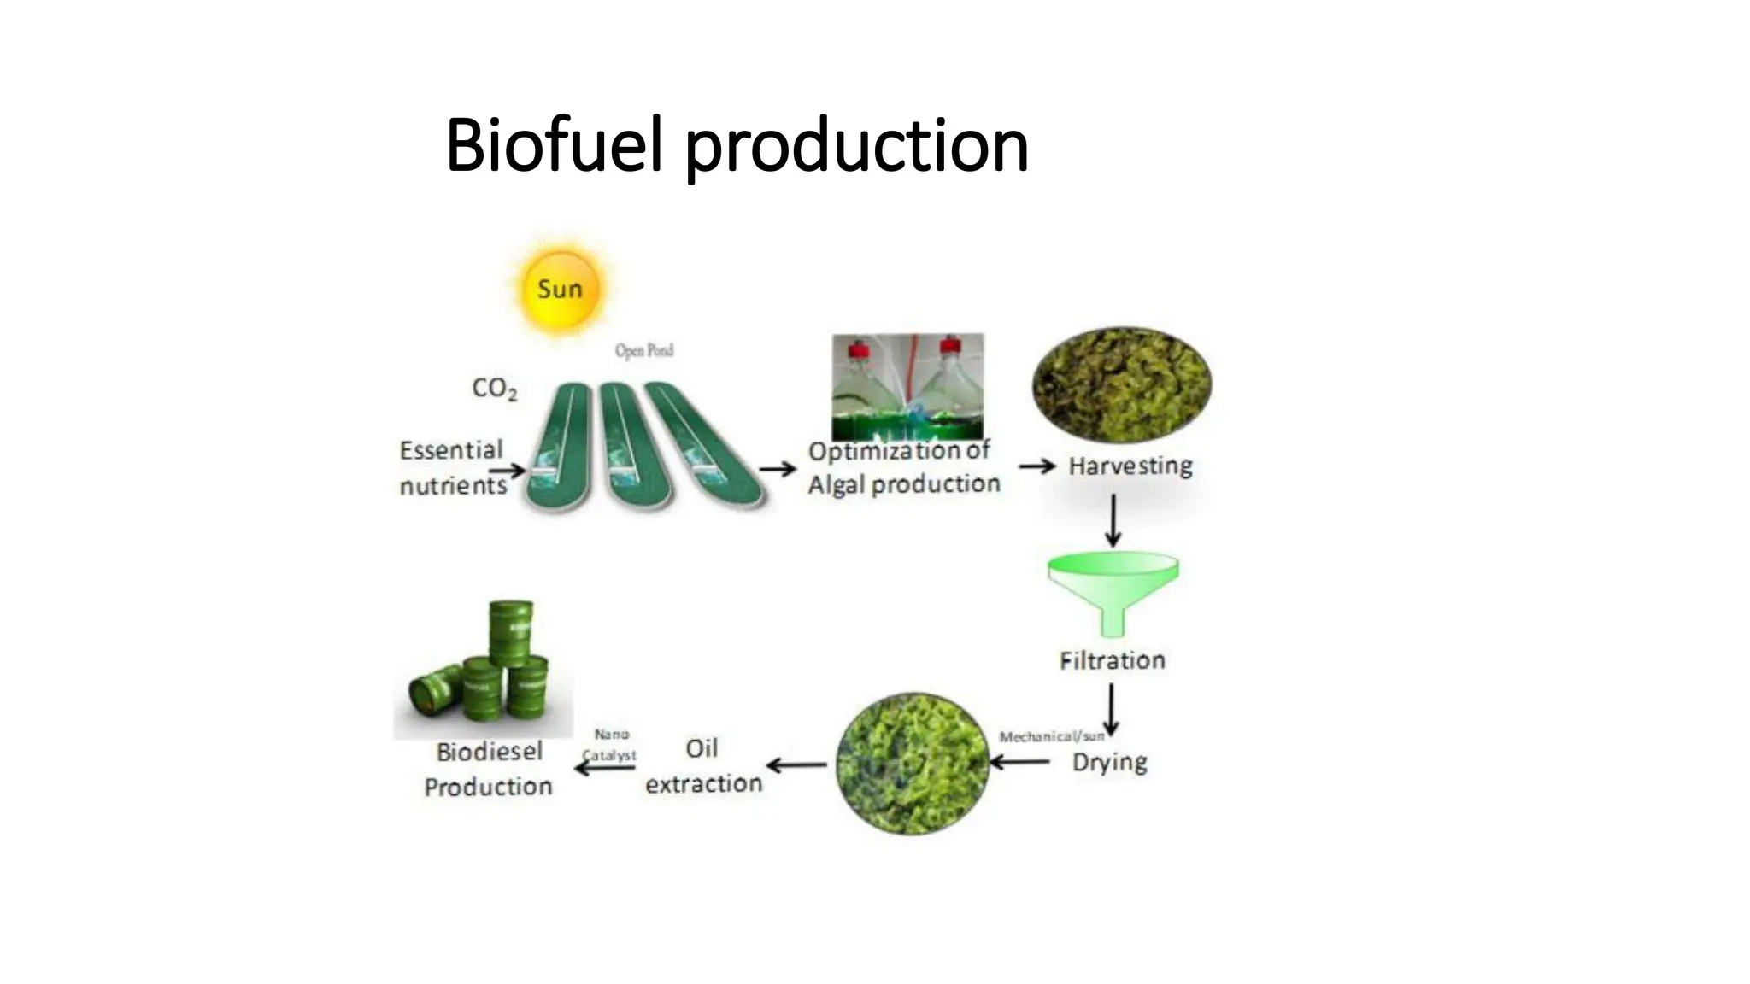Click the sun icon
[560, 289]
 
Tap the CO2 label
[494, 389]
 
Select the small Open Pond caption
[644, 350]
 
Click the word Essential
[451, 450]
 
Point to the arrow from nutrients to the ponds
[508, 471]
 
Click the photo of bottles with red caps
[907, 386]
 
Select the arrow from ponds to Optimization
[777, 469]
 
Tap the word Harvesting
[1130, 466]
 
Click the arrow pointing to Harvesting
[1037, 466]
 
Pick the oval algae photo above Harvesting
[1121, 385]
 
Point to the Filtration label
[1112, 660]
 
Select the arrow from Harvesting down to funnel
[1113, 520]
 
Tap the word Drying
[1109, 762]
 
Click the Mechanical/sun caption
[1052, 736]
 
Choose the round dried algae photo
[913, 763]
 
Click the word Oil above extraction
[702, 748]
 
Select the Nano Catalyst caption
[611, 745]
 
